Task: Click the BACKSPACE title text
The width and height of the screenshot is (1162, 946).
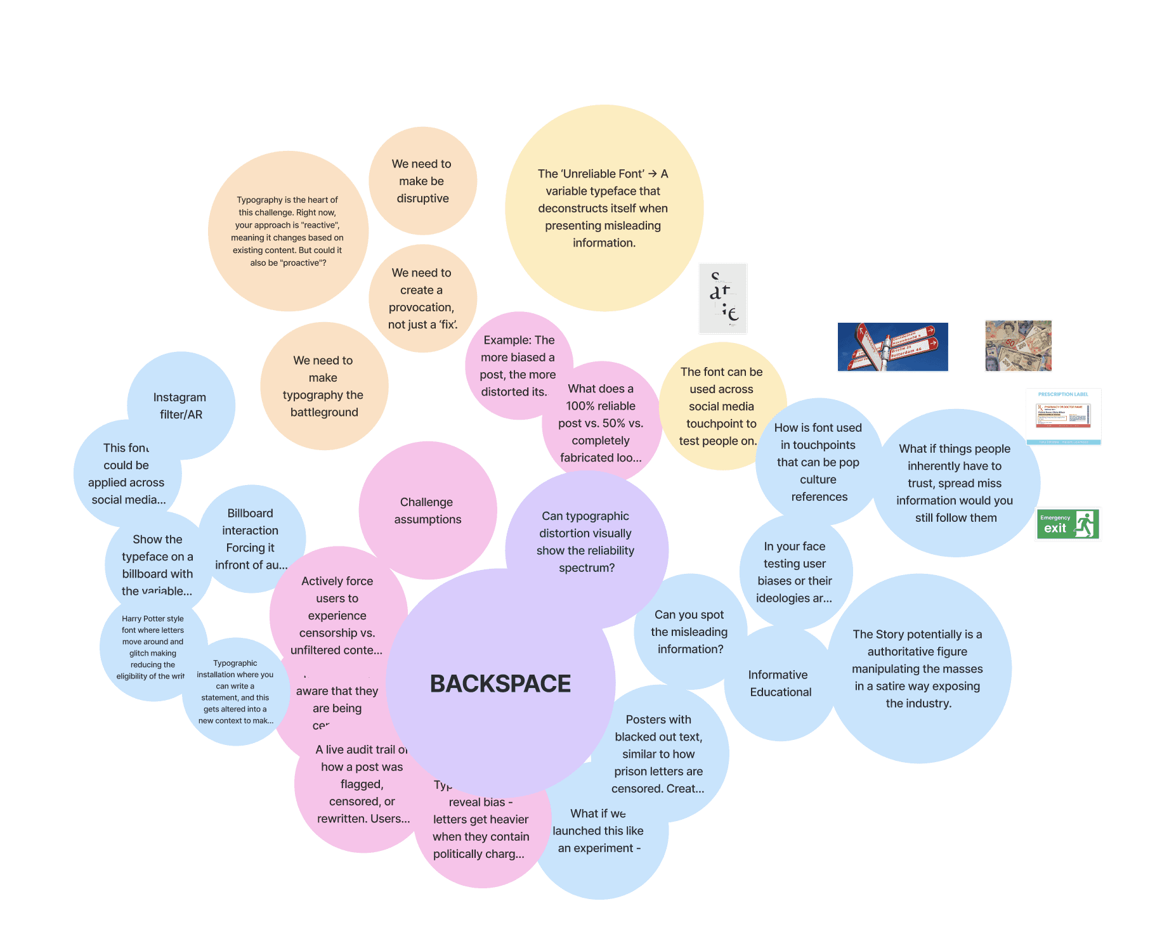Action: [x=500, y=684]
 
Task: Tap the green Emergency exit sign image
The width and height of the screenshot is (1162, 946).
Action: [x=1067, y=524]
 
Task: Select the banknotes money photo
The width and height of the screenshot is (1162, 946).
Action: [x=1018, y=346]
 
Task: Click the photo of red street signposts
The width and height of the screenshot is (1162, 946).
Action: [x=892, y=347]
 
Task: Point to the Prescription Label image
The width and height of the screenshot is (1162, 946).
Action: [x=1063, y=417]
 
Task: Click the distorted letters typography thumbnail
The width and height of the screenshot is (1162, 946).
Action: [x=723, y=299]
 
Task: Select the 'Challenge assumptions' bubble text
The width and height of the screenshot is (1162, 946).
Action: [x=427, y=510]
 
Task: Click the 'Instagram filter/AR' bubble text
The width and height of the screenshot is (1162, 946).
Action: [x=180, y=406]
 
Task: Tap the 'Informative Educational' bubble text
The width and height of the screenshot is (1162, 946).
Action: [x=780, y=684]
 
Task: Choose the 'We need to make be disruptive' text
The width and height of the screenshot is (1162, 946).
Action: [x=422, y=181]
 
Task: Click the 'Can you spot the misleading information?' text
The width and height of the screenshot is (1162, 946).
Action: [x=689, y=632]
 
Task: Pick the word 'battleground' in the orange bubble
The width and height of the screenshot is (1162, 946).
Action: [x=324, y=412]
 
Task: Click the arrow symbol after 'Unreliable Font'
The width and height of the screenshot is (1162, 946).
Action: [x=652, y=174]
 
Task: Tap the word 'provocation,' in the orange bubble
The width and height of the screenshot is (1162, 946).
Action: [x=421, y=308]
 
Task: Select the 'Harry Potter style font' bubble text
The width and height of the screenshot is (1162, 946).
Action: [x=152, y=647]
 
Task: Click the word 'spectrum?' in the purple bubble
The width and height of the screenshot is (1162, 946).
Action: [x=587, y=568]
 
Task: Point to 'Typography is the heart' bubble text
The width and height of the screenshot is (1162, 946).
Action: [x=287, y=231]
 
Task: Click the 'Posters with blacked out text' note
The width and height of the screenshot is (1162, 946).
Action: [x=658, y=754]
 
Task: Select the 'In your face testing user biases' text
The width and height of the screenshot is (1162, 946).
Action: [x=794, y=572]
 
